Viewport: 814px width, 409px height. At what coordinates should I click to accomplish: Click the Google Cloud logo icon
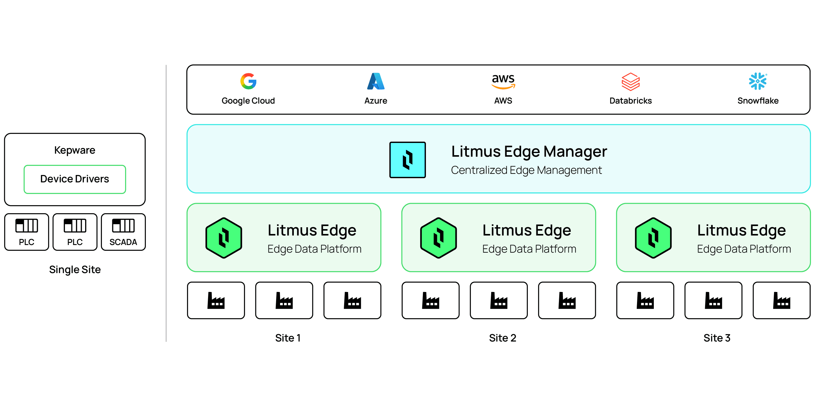point(248,81)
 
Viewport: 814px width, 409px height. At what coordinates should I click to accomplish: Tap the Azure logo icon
point(376,81)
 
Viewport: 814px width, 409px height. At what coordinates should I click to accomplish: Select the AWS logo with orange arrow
point(503,81)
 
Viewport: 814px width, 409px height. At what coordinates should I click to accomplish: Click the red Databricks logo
point(630,81)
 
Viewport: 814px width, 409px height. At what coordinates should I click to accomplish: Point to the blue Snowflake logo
point(758,81)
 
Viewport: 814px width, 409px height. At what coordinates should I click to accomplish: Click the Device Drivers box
point(75,179)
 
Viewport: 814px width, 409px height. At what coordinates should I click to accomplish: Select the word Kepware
point(74,150)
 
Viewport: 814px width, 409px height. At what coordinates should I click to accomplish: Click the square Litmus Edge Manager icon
point(407,160)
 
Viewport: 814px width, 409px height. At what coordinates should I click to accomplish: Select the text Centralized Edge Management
point(526,170)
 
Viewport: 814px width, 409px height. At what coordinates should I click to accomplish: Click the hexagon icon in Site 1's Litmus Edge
point(224,238)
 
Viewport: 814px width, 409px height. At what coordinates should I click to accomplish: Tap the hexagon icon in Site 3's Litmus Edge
point(653,238)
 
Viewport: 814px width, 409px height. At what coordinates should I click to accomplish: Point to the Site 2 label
point(502,338)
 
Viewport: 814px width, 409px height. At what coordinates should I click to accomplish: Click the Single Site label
point(75,269)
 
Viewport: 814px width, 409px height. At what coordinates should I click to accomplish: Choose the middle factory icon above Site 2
point(499,301)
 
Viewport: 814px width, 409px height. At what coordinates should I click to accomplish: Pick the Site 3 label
point(717,338)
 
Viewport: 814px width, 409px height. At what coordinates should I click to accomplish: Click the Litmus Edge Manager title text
point(529,151)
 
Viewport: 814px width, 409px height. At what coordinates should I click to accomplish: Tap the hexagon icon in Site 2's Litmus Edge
point(438,238)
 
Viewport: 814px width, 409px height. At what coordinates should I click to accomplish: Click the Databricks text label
point(630,100)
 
